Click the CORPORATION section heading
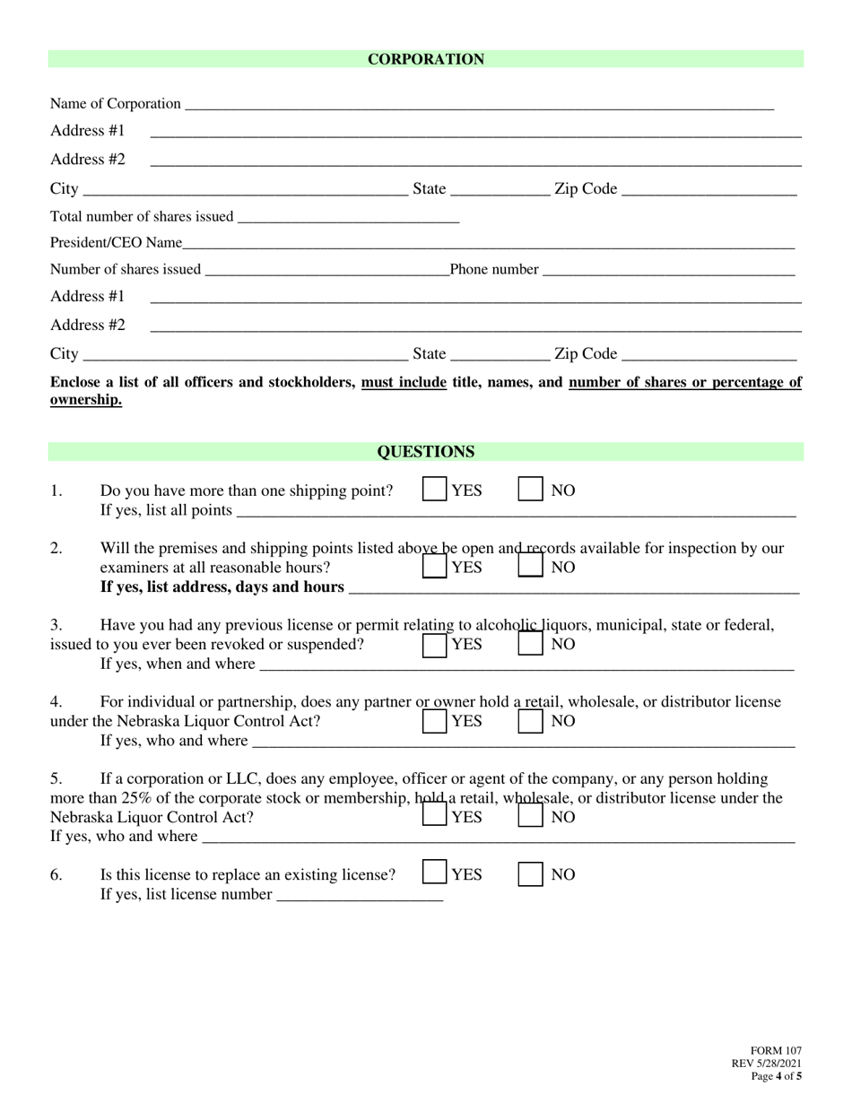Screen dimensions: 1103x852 425,59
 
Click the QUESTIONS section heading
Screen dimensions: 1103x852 425,452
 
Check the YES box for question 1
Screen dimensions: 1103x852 435,490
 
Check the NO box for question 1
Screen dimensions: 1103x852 531,490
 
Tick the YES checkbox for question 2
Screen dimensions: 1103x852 435,567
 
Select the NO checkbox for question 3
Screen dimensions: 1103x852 531,644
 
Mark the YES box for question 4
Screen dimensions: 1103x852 435,721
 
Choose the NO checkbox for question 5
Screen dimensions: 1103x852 531,816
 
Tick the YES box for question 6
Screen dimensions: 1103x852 435,873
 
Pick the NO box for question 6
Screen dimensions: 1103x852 531,873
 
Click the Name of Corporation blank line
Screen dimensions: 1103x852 478,104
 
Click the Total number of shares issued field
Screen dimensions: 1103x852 349,216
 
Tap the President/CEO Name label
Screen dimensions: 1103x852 116,243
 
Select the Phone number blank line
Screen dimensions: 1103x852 668,269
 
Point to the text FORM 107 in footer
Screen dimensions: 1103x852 776,1051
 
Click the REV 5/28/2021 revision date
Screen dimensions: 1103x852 767,1064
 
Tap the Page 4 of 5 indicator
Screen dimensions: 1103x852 777,1076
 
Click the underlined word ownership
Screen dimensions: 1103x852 85,400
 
